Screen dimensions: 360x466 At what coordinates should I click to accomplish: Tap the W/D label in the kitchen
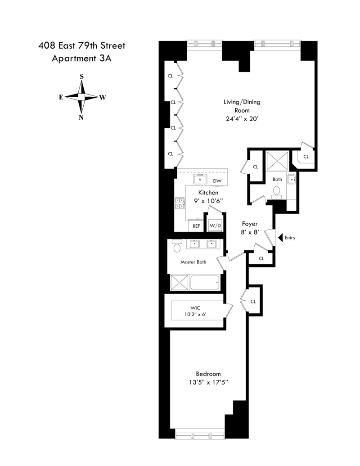[216, 226]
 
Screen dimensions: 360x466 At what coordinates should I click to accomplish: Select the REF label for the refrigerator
[197, 226]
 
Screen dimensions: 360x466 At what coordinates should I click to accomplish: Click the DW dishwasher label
[217, 181]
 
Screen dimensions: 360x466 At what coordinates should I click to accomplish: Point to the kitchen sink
[200, 180]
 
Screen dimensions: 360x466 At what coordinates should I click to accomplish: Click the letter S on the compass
[81, 77]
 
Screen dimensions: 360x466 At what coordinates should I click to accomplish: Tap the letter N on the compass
[81, 118]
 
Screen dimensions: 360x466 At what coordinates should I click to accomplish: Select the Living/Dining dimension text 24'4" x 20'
[242, 119]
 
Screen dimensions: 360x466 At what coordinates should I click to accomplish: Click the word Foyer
[249, 224]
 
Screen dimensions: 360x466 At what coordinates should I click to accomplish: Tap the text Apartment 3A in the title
[82, 58]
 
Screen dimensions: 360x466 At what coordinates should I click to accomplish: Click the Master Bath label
[193, 262]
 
